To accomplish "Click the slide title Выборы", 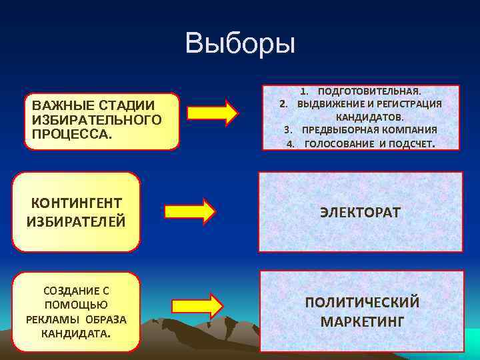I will pyautogui.click(x=240, y=43).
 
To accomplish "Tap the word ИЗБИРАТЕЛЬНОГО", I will pyautogui.click(x=93, y=119).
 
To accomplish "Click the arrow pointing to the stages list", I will pyautogui.click(x=212, y=113).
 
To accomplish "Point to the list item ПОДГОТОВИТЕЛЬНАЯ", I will pyautogui.click(x=369, y=91).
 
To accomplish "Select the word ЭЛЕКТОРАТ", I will pyautogui.click(x=360, y=213).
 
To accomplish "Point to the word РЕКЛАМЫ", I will pyautogui.click(x=54, y=319).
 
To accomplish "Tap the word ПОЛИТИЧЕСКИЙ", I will pyautogui.click(x=362, y=302).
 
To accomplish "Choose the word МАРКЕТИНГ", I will pyautogui.click(x=362, y=321).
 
